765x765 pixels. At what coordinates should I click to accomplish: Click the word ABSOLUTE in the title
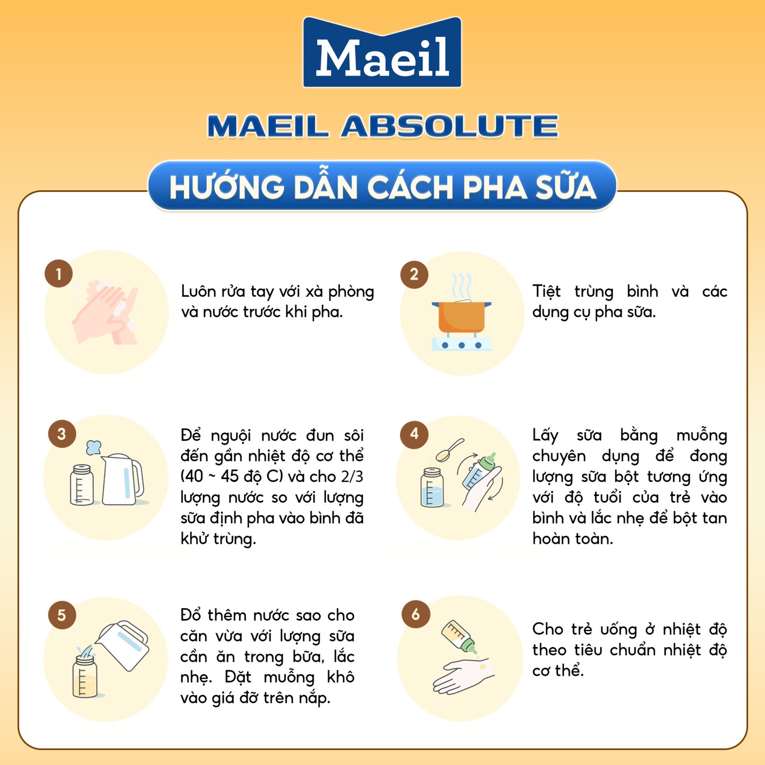click(450, 127)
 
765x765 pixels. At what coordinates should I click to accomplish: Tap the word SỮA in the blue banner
click(565, 188)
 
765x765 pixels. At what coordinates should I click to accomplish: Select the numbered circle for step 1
click(59, 274)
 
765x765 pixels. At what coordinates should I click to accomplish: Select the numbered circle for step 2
click(414, 274)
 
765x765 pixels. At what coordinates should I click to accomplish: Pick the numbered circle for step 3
click(62, 434)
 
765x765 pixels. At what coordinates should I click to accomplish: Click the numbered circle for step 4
click(414, 434)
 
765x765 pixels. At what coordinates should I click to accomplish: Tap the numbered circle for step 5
click(62, 615)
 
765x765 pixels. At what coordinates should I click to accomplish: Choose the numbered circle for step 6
click(416, 615)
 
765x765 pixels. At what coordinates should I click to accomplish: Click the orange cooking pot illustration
click(461, 317)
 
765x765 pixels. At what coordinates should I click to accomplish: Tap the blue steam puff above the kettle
click(93, 447)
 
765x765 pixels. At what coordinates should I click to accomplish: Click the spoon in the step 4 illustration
click(449, 450)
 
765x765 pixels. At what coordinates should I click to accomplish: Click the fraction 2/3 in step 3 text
click(352, 477)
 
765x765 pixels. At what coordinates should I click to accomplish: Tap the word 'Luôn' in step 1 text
click(198, 291)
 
